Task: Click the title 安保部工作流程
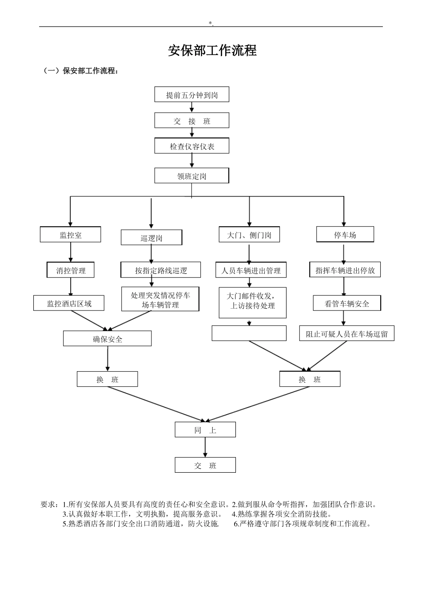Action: point(212,51)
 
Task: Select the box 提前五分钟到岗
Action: point(191,95)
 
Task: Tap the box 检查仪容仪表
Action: point(191,146)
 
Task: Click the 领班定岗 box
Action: point(191,176)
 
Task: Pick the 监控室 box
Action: point(70,235)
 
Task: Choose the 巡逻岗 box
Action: point(151,238)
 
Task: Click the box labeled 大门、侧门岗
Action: point(249,235)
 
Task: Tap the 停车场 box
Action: point(345,235)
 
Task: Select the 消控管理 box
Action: point(71,270)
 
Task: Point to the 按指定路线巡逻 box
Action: point(160,270)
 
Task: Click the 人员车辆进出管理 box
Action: point(251,270)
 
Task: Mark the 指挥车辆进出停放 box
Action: point(345,270)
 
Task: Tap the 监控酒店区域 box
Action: point(69,303)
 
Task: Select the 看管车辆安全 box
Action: point(346,303)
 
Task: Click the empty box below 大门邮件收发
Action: point(249,333)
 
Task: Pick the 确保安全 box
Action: point(107,339)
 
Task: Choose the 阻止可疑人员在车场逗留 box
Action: point(346,334)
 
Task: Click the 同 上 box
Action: point(205,430)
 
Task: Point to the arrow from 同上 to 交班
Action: point(205,447)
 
